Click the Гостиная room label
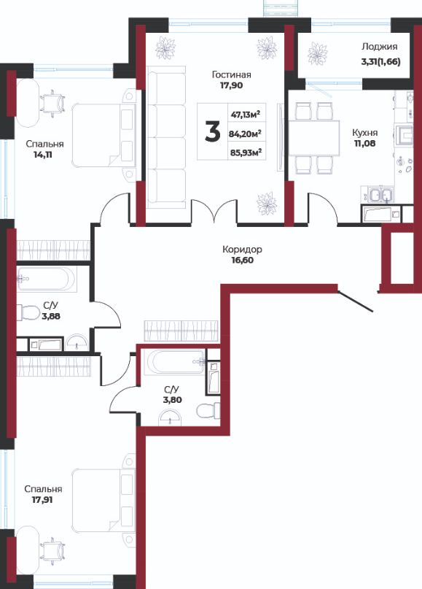pos(232,74)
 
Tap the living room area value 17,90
pos(232,85)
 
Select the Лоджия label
pos(380,47)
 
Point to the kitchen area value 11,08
pos(364,143)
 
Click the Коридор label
pos(242,250)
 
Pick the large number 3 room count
pos(213,133)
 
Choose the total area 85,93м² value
pos(246,152)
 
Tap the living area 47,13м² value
pos(246,114)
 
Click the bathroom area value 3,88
pos(51,316)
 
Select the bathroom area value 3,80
pos(173,400)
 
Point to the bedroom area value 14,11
pos(43,155)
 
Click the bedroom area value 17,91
pos(42,500)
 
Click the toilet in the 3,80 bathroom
pos(208,410)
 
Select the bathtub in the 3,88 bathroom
pos(47,279)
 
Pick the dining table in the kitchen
pos(314,138)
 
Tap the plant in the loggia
pos(317,54)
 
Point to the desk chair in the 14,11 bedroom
pos(52,101)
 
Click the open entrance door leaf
pos(355,301)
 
